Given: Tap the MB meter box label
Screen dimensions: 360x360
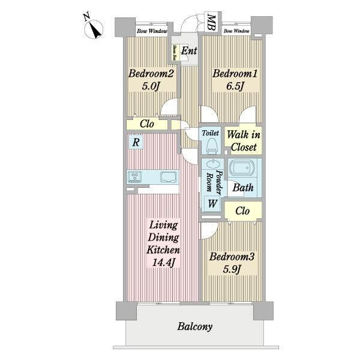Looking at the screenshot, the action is click(211, 23).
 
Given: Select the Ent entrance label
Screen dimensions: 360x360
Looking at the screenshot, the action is click(189, 50).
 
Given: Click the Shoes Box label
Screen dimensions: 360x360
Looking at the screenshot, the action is click(174, 52).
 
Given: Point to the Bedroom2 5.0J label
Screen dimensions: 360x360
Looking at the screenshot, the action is click(151, 80).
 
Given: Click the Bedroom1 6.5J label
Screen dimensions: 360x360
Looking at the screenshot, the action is click(235, 80).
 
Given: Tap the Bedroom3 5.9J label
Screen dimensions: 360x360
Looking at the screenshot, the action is click(232, 263).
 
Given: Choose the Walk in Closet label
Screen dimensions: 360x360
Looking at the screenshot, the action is click(244, 141).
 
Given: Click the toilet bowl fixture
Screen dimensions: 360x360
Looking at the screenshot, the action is click(212, 146).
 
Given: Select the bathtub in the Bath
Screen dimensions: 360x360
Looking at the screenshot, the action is click(242, 168).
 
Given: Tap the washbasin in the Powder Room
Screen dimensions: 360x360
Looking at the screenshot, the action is click(213, 164).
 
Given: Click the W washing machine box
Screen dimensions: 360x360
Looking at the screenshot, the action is click(212, 203).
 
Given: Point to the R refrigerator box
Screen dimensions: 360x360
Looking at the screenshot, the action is click(136, 142).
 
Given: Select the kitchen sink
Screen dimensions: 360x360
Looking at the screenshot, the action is click(169, 177).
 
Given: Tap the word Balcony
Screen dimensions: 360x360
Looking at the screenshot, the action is click(195, 326).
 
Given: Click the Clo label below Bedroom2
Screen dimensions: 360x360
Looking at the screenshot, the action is click(147, 124).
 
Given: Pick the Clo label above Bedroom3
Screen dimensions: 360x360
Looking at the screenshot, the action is click(242, 211).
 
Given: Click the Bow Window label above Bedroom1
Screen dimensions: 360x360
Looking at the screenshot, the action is click(236, 31).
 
